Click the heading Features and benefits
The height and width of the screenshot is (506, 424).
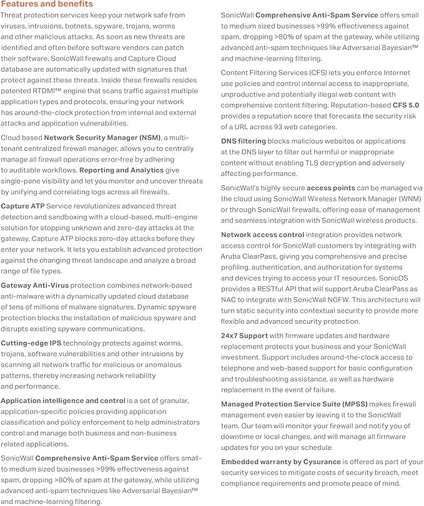pos(47,5)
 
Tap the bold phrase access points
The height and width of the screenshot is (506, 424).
pos(331,188)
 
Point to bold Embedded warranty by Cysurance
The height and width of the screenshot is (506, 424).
pos(281,462)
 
